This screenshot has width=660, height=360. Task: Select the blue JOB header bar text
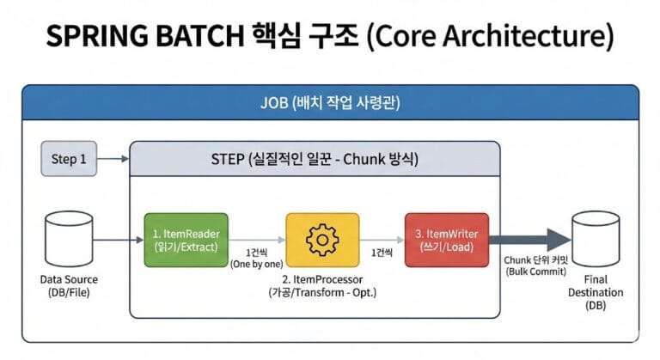pyautogui.click(x=330, y=102)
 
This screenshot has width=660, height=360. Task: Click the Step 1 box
pyautogui.click(x=70, y=159)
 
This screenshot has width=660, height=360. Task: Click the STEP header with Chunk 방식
pyautogui.click(x=315, y=160)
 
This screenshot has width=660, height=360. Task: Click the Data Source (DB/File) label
pyautogui.click(x=69, y=285)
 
